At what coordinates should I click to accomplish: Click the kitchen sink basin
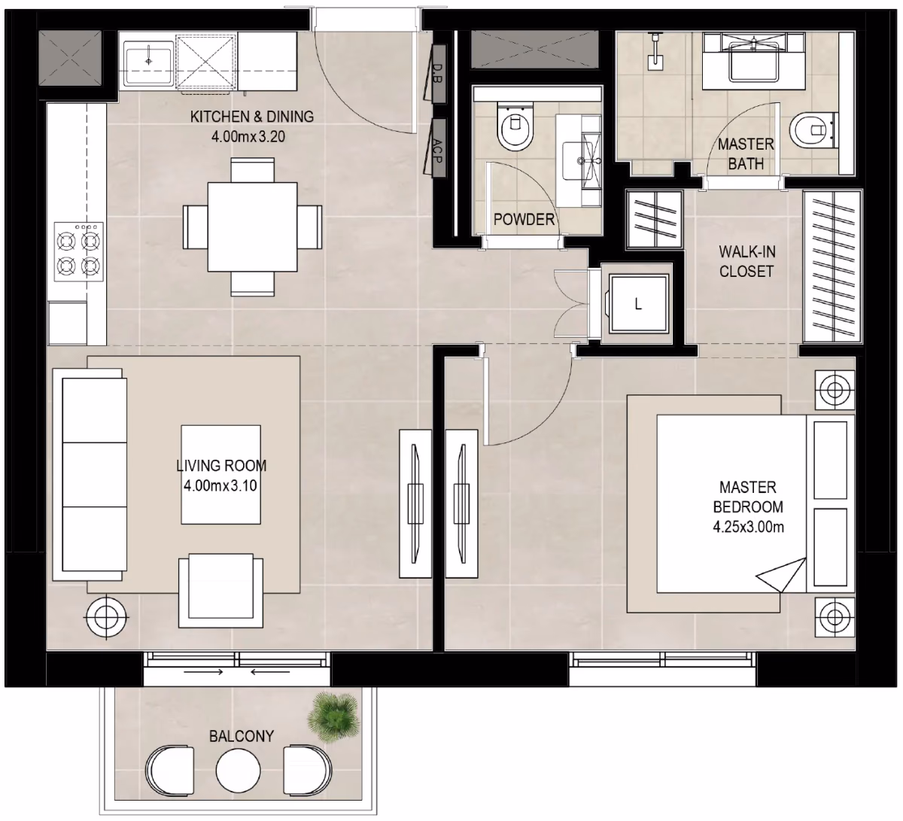pyautogui.click(x=148, y=62)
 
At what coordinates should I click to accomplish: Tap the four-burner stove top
pyautogui.click(x=79, y=251)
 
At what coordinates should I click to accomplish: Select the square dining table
pyautogui.click(x=252, y=227)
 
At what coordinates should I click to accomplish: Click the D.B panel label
pyautogui.click(x=437, y=74)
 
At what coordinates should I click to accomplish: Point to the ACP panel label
pyautogui.click(x=437, y=151)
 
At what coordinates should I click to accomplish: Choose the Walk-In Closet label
pyautogui.click(x=746, y=262)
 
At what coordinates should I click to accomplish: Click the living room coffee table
pyautogui.click(x=220, y=475)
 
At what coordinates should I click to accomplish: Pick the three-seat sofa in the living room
pyautogui.click(x=90, y=475)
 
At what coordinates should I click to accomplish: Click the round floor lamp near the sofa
pyautogui.click(x=106, y=617)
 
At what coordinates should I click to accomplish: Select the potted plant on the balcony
pyautogui.click(x=334, y=716)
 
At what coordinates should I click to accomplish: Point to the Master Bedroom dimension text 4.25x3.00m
pyautogui.click(x=748, y=527)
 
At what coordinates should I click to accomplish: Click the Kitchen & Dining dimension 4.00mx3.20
pyautogui.click(x=248, y=136)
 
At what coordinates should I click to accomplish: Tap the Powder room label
pyautogui.click(x=524, y=219)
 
